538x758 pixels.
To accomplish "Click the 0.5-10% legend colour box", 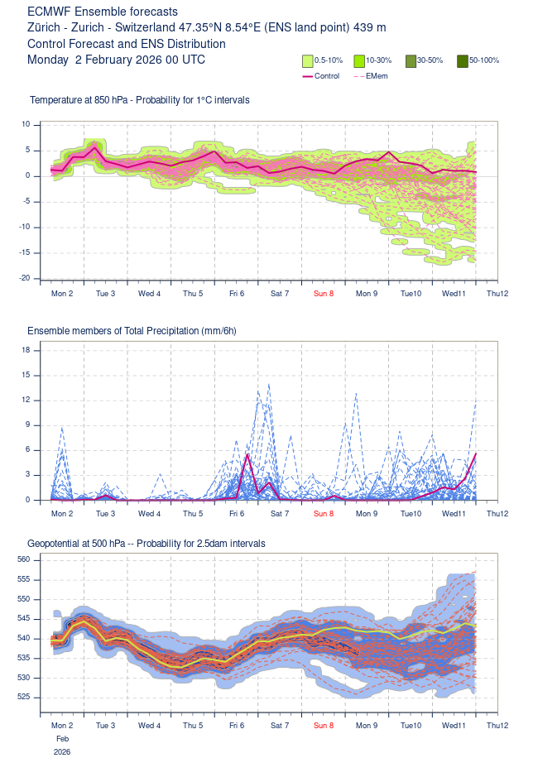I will pyautogui.click(x=307, y=60).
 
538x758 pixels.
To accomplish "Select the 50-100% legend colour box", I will pyautogui.click(x=463, y=60).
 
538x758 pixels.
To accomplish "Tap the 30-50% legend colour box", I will pyautogui.click(x=411, y=60).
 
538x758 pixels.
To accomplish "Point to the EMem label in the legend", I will pyautogui.click(x=376, y=76).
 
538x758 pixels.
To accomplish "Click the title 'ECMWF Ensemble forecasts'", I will pyautogui.click(x=102, y=12).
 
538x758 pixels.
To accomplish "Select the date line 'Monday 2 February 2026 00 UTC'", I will pyautogui.click(x=116, y=60).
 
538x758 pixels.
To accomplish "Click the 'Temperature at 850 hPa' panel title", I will pyautogui.click(x=139, y=100).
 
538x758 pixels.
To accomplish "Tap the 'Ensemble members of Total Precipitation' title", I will pyautogui.click(x=132, y=331).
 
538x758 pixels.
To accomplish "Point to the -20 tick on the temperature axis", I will pyautogui.click(x=25, y=278).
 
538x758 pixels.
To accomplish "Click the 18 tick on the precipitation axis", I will pyautogui.click(x=25, y=350).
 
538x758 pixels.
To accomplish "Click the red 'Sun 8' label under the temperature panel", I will pyautogui.click(x=324, y=294).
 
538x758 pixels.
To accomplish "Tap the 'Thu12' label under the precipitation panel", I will pyautogui.click(x=497, y=514).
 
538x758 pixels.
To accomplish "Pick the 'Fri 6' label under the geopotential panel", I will pyautogui.click(x=237, y=726).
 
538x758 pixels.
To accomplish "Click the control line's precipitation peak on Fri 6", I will pyautogui.click(x=247, y=454).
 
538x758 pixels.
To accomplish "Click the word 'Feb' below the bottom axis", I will pyautogui.click(x=63, y=738).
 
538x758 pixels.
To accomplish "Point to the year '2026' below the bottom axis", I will pyautogui.click(x=63, y=752).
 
